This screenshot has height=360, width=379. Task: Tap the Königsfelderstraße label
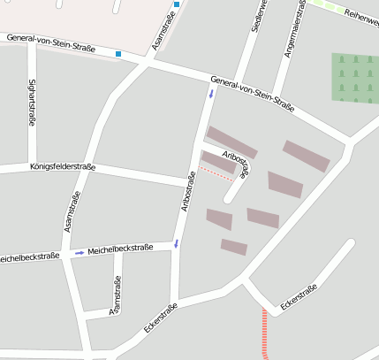click(x=62, y=166)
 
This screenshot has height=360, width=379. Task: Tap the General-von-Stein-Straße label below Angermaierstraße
click(x=253, y=94)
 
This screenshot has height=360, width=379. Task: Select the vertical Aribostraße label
click(x=186, y=190)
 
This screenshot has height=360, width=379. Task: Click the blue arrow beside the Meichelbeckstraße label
click(x=80, y=253)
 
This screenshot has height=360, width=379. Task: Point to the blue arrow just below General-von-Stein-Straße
click(x=211, y=93)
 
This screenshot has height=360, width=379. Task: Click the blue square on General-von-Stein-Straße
click(x=118, y=55)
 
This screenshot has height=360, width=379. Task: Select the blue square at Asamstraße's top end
click(x=177, y=4)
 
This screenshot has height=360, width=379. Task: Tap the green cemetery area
click(x=355, y=76)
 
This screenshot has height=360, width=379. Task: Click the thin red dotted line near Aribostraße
click(x=216, y=174)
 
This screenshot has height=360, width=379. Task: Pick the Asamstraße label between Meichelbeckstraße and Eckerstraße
click(x=115, y=295)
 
